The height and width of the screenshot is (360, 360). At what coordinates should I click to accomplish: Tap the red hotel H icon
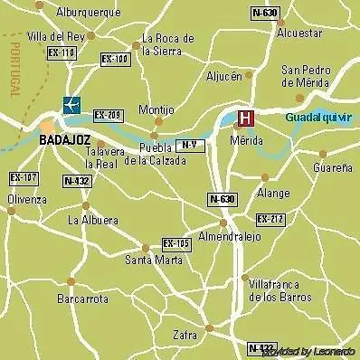tap(243, 118)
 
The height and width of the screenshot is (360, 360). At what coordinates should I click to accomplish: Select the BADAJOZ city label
tap(65, 140)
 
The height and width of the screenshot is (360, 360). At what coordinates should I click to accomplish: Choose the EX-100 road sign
tap(114, 60)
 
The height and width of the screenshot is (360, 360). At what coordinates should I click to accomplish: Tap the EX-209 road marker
tap(107, 115)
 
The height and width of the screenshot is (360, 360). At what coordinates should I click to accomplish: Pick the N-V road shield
tap(187, 145)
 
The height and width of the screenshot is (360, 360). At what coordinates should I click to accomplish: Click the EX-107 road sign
tap(23, 177)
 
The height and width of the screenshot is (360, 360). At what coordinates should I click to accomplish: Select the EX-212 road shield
tap(269, 219)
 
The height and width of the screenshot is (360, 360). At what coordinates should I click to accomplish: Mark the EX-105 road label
tap(175, 243)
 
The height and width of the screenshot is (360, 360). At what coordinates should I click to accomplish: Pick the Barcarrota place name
tap(82, 298)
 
